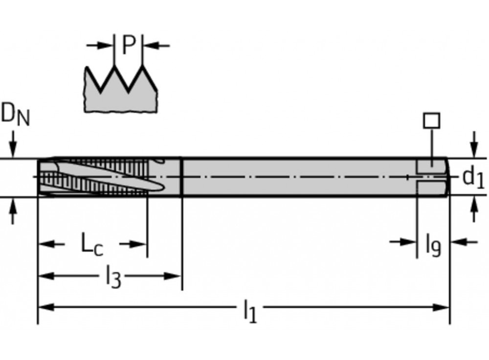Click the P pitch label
point(129,45)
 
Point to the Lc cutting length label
point(92,244)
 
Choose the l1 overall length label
point(250,311)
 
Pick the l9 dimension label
point(433,245)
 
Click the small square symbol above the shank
point(432,121)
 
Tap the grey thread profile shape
point(120,89)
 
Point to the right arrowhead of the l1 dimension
point(441,308)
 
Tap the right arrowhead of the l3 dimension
point(173,276)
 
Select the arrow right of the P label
point(156,45)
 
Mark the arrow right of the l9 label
point(464,242)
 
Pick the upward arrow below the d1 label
point(474,209)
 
